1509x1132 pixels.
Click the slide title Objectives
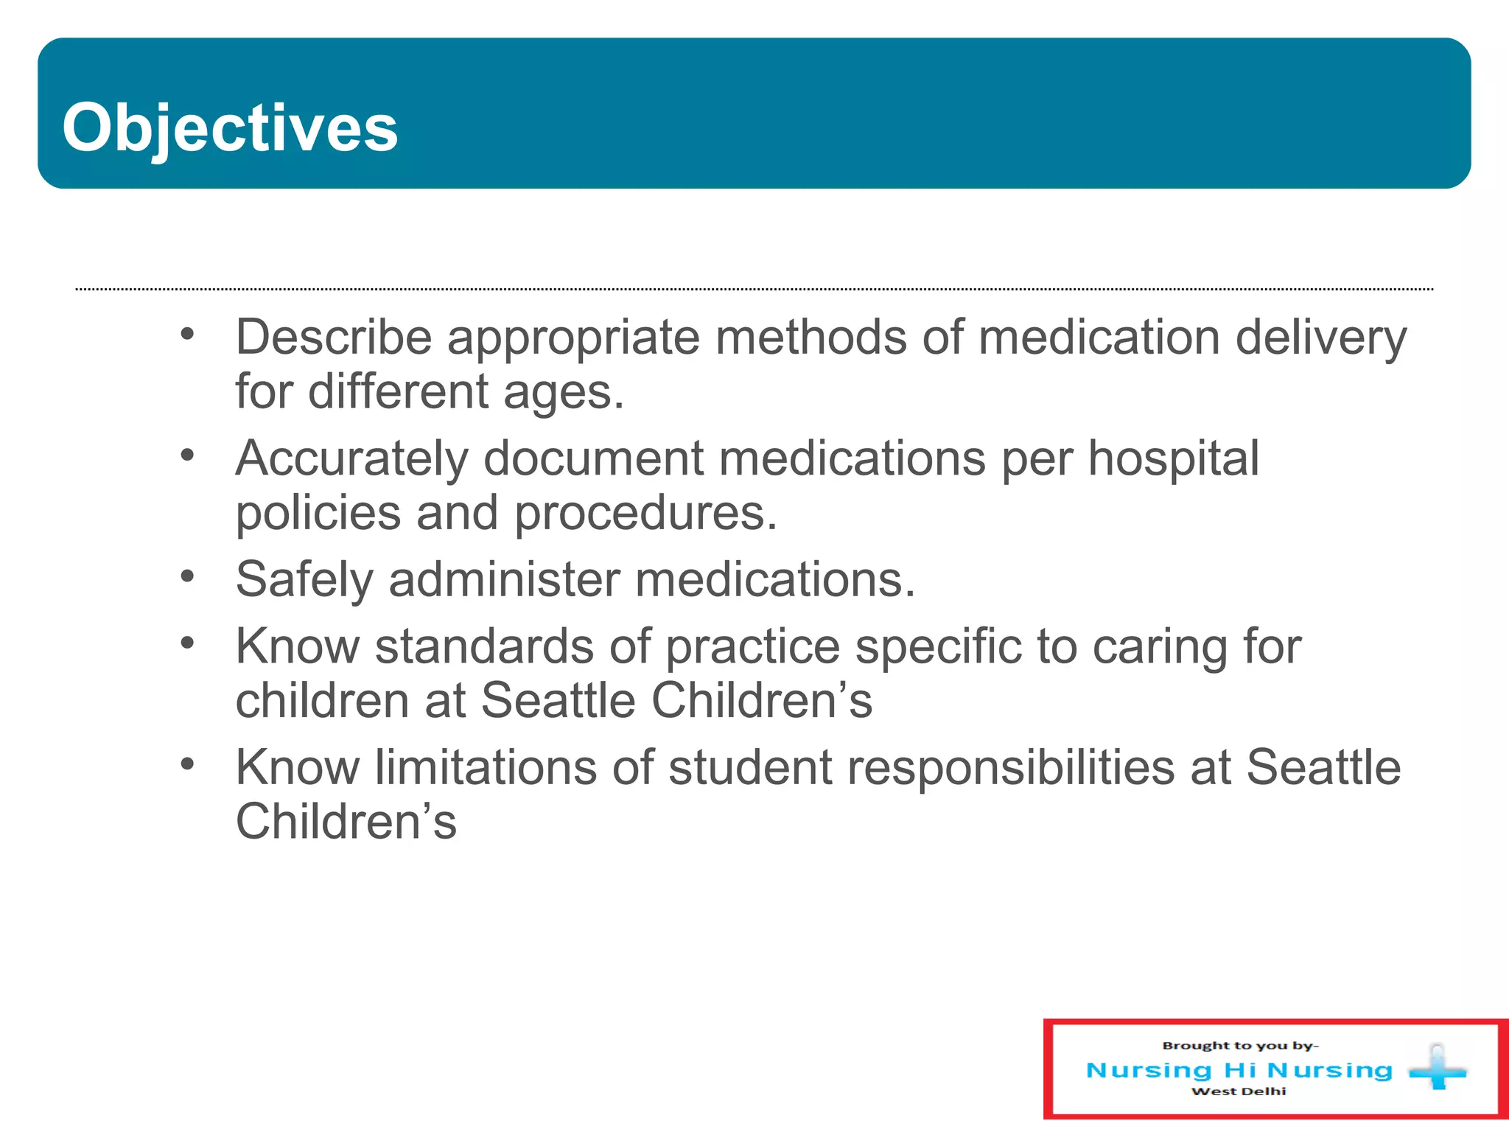tap(230, 128)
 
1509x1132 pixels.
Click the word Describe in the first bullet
tap(333, 338)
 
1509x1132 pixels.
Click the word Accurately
tap(351, 459)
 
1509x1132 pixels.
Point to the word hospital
tap(1173, 458)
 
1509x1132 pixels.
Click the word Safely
tap(304, 580)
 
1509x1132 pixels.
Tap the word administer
tap(505, 579)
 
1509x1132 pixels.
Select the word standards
tap(483, 646)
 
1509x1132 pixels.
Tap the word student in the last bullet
tap(750, 767)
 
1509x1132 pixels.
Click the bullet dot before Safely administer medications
tap(188, 576)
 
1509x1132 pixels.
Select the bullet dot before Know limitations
tap(188, 764)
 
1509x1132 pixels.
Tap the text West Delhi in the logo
tap(1239, 1091)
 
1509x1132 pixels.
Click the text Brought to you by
tap(1240, 1045)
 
